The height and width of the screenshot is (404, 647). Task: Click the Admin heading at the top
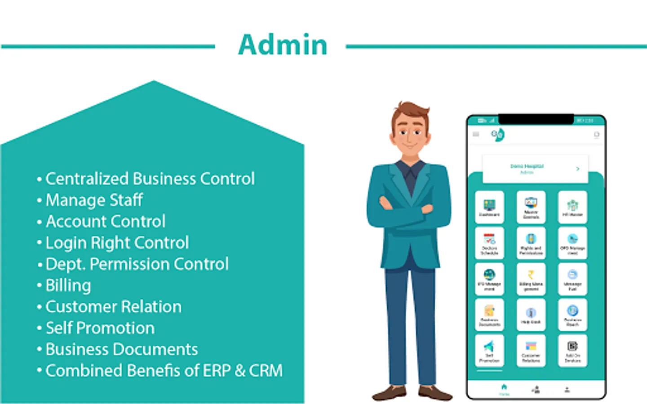point(283,45)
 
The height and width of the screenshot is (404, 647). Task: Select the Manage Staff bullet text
point(94,200)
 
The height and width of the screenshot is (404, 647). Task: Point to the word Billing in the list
point(68,285)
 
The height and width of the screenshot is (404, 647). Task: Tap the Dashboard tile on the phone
point(489,207)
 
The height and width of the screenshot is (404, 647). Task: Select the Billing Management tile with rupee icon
point(531,279)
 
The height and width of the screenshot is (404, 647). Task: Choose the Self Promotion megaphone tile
point(489,351)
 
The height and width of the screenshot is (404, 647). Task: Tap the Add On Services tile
point(572,351)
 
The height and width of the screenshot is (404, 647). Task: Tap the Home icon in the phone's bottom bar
point(504,388)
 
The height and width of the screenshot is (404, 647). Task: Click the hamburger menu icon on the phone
point(476,134)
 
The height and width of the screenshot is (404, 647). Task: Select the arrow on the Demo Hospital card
point(578,169)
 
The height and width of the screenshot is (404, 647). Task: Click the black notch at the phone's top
point(536,119)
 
